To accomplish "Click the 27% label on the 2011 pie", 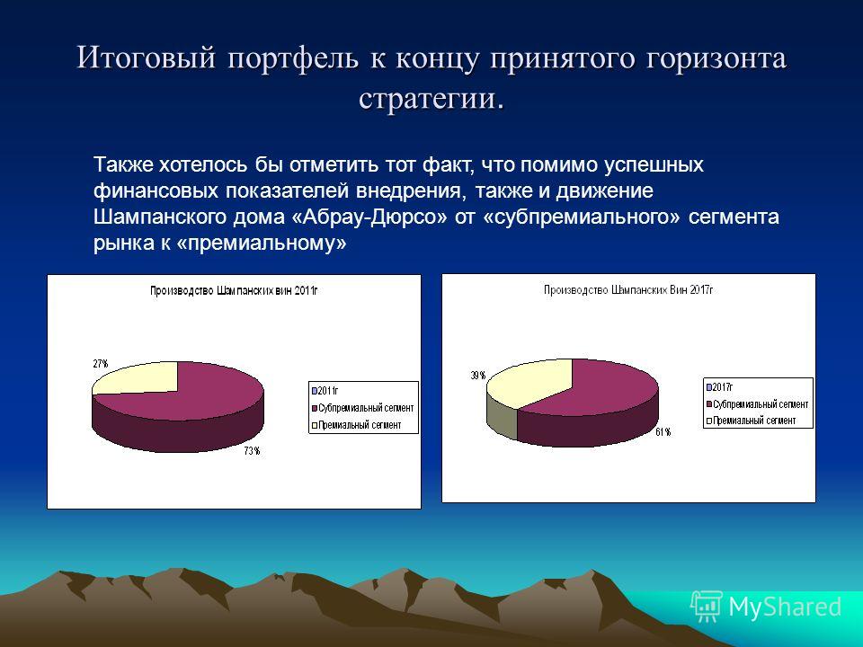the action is (x=101, y=364).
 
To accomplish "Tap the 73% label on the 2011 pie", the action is (x=252, y=451).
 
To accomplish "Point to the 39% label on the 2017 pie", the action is (x=477, y=376).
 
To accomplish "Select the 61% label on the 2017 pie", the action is (x=663, y=432).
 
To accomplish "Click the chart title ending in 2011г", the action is (x=234, y=290).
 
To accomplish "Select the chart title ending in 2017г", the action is (x=628, y=289).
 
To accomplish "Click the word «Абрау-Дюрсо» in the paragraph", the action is (x=369, y=217).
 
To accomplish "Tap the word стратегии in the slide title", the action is (x=431, y=98).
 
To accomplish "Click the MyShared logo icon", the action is (x=707, y=607).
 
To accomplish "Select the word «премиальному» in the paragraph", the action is (x=262, y=243).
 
